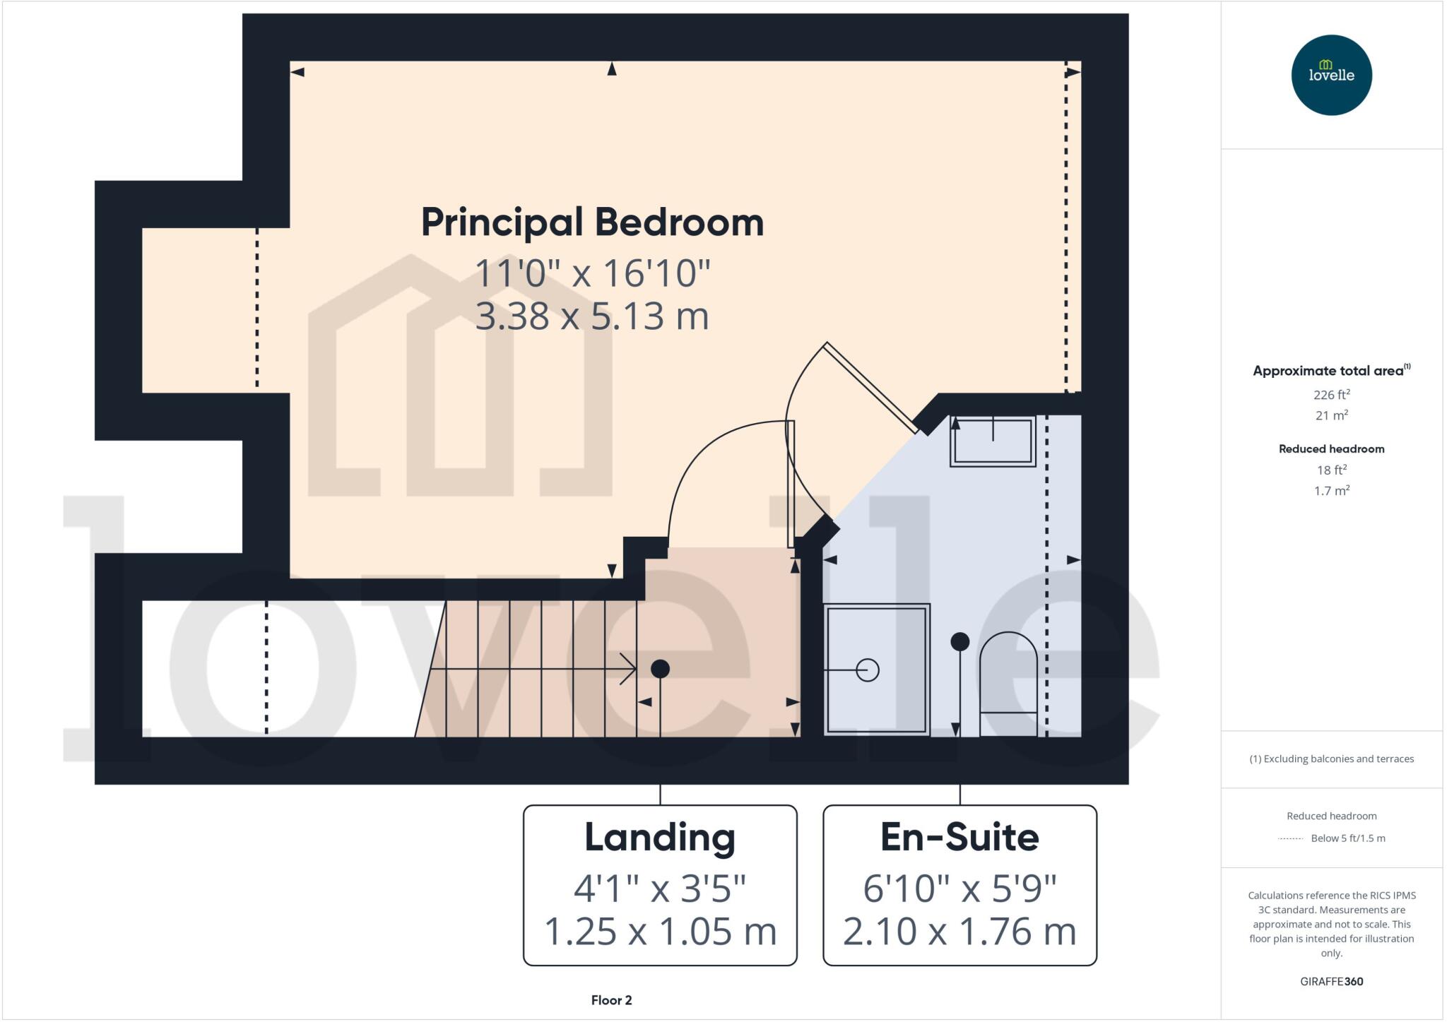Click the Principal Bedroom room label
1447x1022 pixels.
pos(592,222)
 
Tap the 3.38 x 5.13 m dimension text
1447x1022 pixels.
pos(592,316)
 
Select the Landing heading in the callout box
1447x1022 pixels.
pos(660,838)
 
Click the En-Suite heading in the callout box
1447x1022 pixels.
pos(959,838)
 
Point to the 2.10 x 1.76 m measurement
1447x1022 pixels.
pos(959,932)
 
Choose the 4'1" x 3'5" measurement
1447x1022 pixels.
pos(660,888)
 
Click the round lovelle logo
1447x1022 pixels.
pos(1331,75)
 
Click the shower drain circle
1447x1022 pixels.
pos(867,670)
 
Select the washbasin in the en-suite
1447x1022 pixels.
pos(993,441)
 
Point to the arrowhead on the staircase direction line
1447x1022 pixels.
pos(628,669)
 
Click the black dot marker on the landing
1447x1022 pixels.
pos(660,668)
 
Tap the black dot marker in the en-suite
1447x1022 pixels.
pos(959,641)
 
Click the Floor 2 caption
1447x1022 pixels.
pos(611,1000)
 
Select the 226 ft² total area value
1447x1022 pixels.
pos(1331,395)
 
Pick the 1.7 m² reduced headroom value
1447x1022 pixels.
pos(1331,490)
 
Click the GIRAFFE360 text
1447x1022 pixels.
pos(1331,981)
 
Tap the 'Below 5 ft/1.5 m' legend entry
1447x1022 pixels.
pos(1347,838)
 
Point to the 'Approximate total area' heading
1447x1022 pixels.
pos(1328,371)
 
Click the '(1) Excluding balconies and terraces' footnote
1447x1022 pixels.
pos(1331,759)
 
